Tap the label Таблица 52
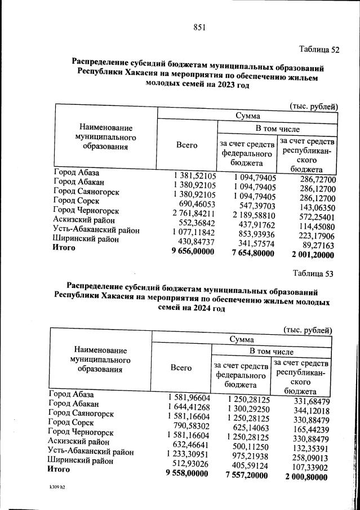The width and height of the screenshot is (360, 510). tap(318, 49)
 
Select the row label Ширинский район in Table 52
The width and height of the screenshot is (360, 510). tap(86, 240)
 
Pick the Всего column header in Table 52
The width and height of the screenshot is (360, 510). tap(186, 145)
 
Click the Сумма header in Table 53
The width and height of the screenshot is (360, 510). tap(241, 340)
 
